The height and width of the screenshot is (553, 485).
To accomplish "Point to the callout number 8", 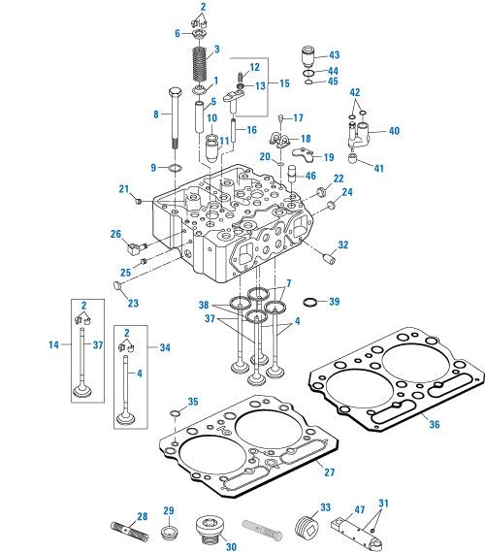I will click(154, 114).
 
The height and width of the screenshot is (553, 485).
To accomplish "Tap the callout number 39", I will click(334, 303).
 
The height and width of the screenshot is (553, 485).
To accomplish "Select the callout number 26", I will click(115, 234).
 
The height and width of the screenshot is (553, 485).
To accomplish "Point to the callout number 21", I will click(123, 188).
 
